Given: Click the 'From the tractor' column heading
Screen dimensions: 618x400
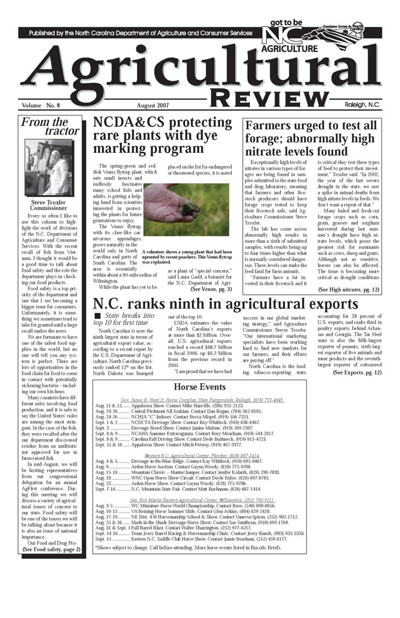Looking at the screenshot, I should coord(51,126).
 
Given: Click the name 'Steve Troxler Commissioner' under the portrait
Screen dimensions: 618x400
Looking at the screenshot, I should coord(49,205).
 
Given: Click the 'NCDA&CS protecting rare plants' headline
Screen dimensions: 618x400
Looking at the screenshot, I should coord(163,135).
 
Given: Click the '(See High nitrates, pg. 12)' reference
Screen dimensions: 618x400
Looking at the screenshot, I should coord(349,289).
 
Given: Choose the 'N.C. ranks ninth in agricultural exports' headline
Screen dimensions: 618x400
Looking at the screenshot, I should coord(226,305).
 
